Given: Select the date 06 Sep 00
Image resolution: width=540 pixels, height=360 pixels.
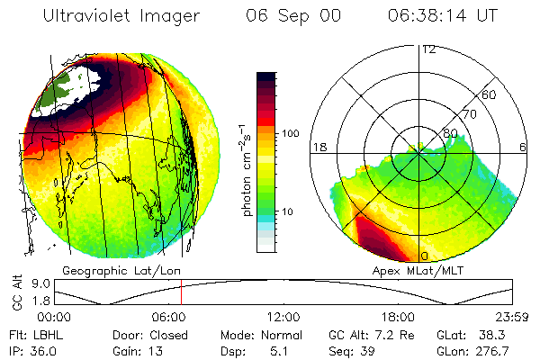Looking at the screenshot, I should (281, 16).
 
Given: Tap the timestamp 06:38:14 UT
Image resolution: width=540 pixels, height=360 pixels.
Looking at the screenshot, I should (445, 16).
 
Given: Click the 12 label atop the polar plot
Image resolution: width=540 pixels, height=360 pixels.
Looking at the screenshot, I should (428, 50).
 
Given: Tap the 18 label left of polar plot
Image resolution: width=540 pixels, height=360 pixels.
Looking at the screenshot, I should (318, 147).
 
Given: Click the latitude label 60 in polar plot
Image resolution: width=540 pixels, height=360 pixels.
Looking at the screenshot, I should (490, 94).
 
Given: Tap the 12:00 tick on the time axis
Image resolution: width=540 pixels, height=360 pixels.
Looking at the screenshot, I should (284, 318).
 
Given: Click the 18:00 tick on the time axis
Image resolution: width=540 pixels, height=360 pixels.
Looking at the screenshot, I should (398, 318).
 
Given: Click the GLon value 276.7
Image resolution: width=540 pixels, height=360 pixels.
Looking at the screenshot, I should (495, 349).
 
